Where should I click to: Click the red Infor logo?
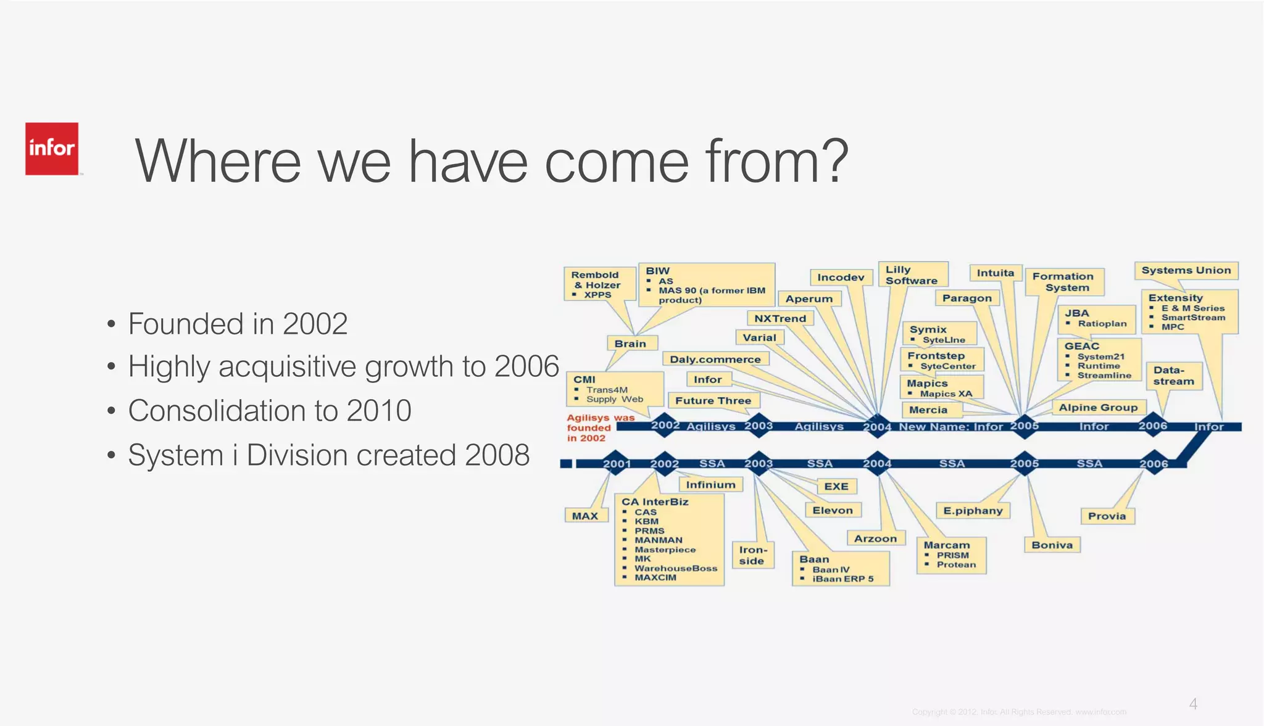point(52,149)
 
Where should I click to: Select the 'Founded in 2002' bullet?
point(238,324)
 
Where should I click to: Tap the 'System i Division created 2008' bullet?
point(328,456)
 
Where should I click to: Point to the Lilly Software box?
point(912,275)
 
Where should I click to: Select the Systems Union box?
point(1186,270)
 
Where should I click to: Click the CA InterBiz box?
point(669,540)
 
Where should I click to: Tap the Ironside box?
point(752,555)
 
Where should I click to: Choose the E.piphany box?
point(973,511)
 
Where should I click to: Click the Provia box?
point(1107,516)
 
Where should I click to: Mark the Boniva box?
point(1052,545)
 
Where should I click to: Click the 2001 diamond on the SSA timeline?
point(617,464)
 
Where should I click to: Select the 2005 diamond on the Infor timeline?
point(1025,426)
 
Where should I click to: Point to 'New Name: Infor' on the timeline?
point(950,427)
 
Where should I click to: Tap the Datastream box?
point(1173,376)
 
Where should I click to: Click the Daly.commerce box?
point(715,360)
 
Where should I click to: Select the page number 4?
point(1193,704)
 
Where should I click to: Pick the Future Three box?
point(713,401)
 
